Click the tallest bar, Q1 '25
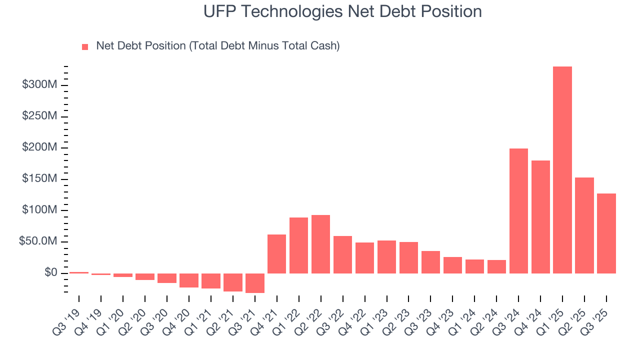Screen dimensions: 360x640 click(x=562, y=170)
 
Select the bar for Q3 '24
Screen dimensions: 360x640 click(x=518, y=211)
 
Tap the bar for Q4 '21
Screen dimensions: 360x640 click(x=276, y=254)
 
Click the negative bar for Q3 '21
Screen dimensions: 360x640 click(x=254, y=283)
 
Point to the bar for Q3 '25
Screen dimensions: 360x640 click(x=606, y=233)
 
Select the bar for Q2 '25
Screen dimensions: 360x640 click(x=584, y=225)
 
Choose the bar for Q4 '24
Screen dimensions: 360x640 click(x=540, y=217)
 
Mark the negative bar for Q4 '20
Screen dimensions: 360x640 click(x=188, y=280)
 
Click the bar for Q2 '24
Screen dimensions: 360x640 click(x=496, y=266)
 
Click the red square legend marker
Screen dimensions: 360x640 click(x=85, y=46)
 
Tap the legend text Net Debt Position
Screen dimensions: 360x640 click(x=217, y=46)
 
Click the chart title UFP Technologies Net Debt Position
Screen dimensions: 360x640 click(x=342, y=11)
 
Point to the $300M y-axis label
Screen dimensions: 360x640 click(x=39, y=85)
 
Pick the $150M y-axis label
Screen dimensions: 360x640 click(x=39, y=179)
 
